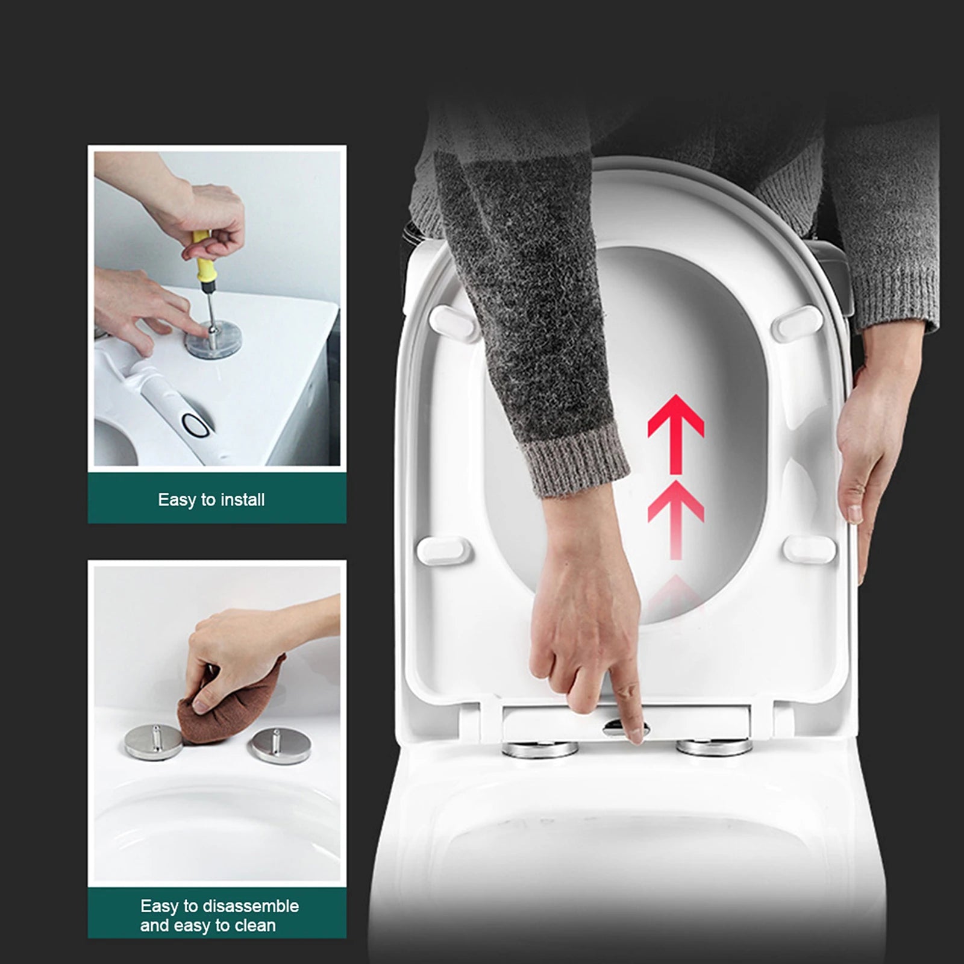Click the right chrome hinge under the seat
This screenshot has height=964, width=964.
click(714, 747)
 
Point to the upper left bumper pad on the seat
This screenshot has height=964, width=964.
click(454, 322)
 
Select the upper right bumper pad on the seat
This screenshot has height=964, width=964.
click(797, 324)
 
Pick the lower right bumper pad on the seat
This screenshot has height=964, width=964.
click(809, 549)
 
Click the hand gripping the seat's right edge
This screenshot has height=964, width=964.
click(865, 446)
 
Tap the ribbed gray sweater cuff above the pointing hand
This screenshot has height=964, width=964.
click(575, 461)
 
